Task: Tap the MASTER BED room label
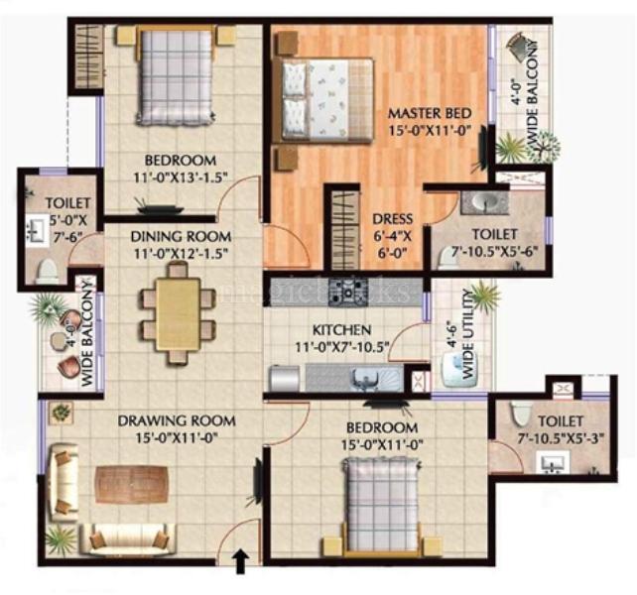(430, 112)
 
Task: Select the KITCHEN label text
(342, 329)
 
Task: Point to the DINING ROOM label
(182, 237)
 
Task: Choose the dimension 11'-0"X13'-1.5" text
(180, 178)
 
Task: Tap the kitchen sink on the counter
(363, 379)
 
